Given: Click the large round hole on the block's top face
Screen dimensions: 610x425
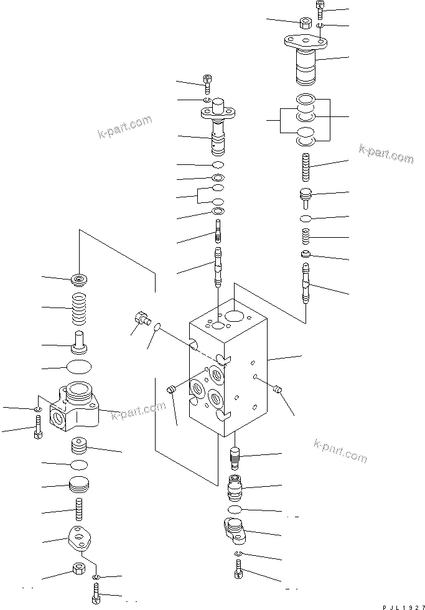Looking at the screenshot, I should click(235, 317).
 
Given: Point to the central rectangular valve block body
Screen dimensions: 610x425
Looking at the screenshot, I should click(230, 373).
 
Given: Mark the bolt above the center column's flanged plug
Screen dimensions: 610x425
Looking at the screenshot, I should click(208, 79).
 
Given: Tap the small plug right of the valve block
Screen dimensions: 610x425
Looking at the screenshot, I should click(278, 390).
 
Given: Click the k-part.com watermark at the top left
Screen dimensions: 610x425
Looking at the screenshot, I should click(124, 126).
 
